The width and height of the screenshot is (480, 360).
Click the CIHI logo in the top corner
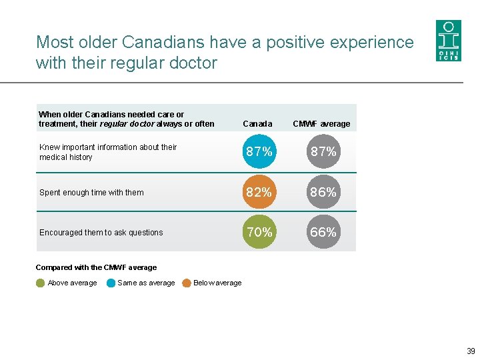click(x=448, y=41)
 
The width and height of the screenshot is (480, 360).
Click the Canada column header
click(x=257, y=124)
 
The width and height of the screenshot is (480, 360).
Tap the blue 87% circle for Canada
click(x=259, y=152)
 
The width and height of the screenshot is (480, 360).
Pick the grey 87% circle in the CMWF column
click(x=323, y=152)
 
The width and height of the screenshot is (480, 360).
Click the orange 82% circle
click(x=259, y=192)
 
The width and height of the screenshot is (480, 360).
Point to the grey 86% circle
click(x=323, y=192)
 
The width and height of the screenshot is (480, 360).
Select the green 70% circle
click(x=259, y=232)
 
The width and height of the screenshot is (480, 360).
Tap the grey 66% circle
click(x=323, y=232)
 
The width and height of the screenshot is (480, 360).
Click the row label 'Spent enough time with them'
click(x=91, y=193)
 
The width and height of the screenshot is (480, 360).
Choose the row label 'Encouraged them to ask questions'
click(x=101, y=233)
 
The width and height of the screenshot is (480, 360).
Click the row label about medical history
click(x=107, y=152)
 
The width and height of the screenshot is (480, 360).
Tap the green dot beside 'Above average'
click(x=41, y=283)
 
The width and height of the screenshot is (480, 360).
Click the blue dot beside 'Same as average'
click(x=111, y=283)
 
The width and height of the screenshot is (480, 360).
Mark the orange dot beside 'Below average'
click(x=187, y=283)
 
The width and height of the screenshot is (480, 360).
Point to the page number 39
click(x=471, y=351)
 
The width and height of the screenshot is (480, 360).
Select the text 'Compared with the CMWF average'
click(x=96, y=267)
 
